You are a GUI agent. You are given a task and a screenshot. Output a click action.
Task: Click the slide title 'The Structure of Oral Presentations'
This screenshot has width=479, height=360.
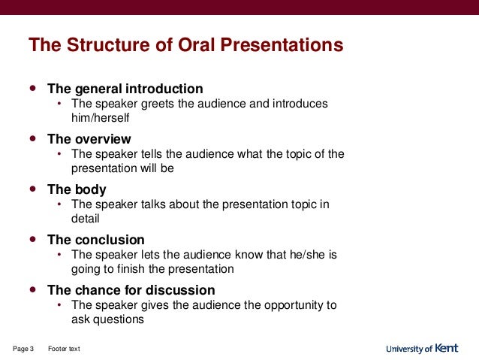pyautogui.click(x=185, y=46)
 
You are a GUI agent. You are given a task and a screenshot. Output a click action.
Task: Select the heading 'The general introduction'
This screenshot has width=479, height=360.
pyautogui.click(x=125, y=88)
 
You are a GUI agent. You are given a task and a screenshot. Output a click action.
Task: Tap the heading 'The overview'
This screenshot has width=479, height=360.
pyautogui.click(x=89, y=139)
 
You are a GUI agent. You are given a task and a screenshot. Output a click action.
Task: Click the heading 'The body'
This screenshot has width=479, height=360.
pyautogui.click(x=77, y=189)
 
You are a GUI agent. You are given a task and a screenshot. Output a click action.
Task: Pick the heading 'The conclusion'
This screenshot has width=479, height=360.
pyautogui.click(x=95, y=240)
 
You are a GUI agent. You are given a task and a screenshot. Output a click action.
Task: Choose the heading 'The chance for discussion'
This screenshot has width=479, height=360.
pyautogui.click(x=131, y=290)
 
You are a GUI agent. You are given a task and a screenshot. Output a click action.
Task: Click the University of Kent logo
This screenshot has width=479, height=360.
pyautogui.click(x=421, y=349)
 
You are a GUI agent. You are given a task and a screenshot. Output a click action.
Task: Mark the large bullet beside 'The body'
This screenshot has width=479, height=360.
pyautogui.click(x=32, y=189)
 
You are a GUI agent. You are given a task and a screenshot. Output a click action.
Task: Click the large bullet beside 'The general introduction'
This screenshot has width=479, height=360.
pyautogui.click(x=32, y=87)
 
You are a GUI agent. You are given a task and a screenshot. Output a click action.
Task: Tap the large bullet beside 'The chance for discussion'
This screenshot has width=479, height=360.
pyautogui.click(x=32, y=289)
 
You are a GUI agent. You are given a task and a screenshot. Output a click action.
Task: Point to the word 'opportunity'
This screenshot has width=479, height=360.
pyautogui.click(x=294, y=305)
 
